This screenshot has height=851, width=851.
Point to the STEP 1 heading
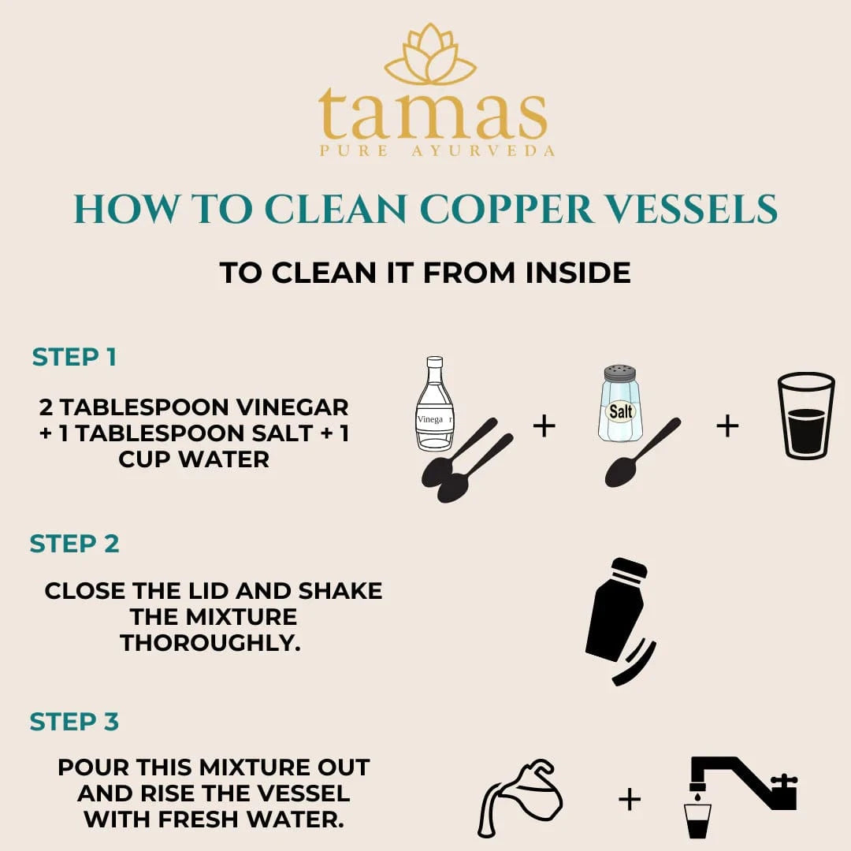pos(74,357)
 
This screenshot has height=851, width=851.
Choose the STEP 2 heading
pos(74,544)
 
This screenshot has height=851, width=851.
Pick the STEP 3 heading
pos(74,722)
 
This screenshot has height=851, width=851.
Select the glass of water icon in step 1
pos(805,415)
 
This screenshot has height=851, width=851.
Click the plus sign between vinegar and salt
pos(544,426)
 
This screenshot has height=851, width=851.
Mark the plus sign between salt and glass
pos(727,426)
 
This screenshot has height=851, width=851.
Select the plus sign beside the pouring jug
pos(629,800)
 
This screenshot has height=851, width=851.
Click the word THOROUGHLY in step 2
pos(210,641)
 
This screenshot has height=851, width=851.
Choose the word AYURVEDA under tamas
pos(484,151)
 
